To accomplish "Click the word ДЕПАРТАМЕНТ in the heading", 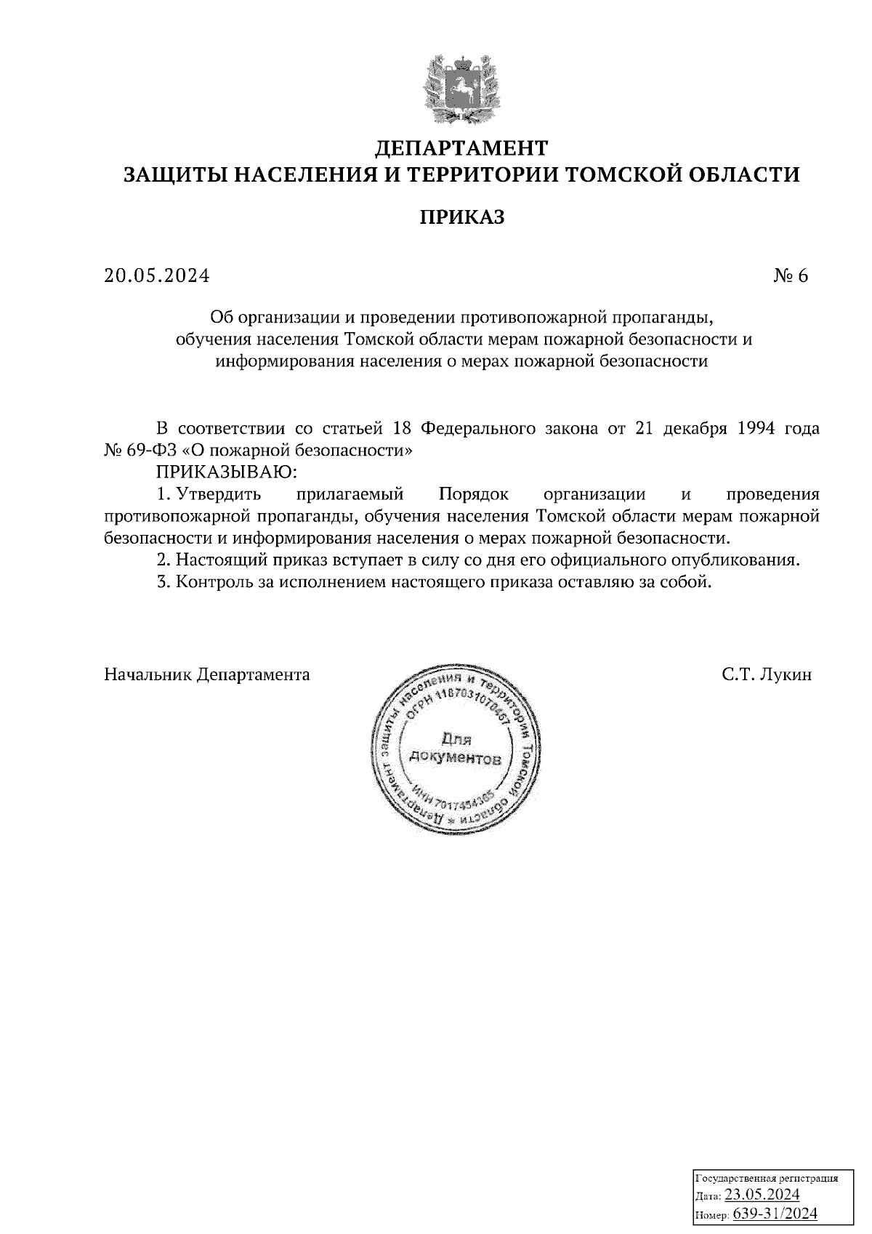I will tap(461, 148).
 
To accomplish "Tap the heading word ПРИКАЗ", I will tap(461, 217).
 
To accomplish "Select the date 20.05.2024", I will tap(156, 276).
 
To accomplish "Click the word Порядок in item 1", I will tap(473, 494).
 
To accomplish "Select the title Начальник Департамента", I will tap(207, 674).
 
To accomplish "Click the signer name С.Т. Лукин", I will tap(767, 674).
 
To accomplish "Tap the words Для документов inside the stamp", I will tap(456, 749).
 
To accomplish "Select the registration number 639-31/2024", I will tap(775, 1212).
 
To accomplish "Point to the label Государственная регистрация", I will tap(767, 1178).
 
